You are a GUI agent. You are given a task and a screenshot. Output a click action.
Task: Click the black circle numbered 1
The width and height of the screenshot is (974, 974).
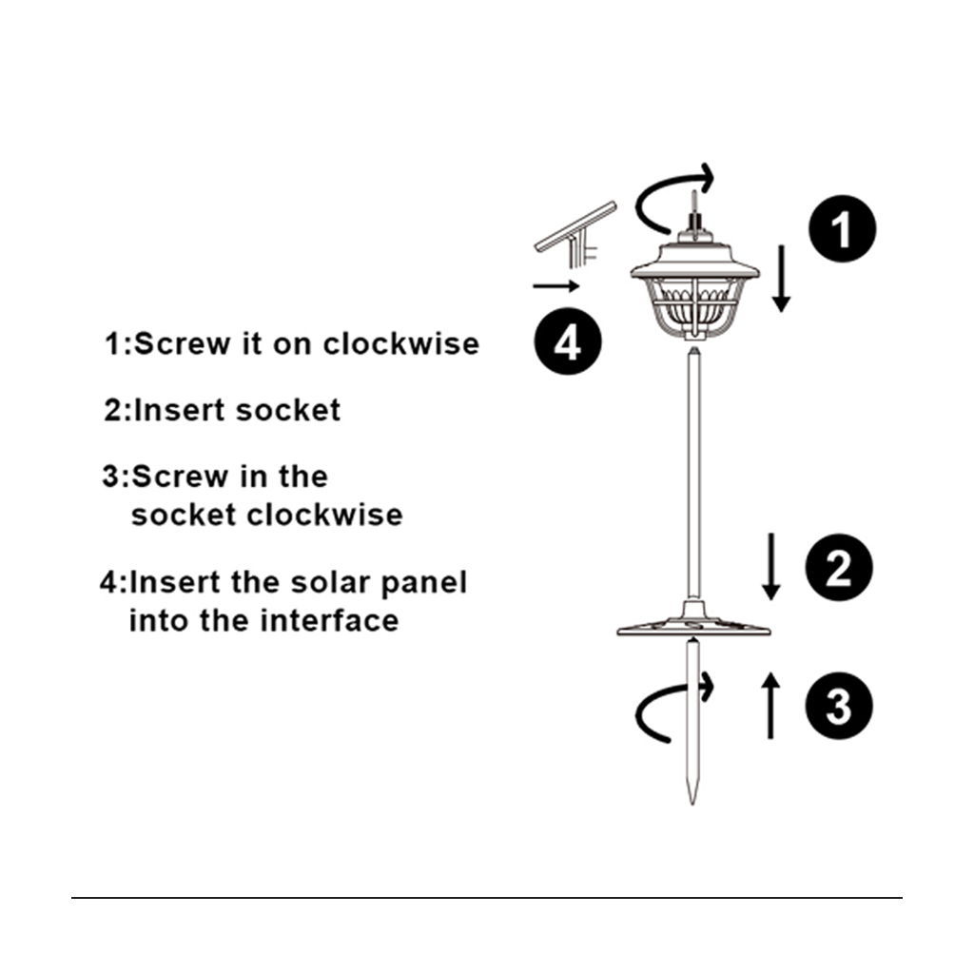842,228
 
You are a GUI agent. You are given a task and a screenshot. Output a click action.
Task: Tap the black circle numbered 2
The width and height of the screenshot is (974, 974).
839,567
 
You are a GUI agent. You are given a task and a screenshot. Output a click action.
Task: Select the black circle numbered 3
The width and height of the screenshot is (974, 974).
839,706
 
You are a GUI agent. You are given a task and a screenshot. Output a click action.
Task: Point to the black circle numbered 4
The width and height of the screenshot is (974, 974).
568,341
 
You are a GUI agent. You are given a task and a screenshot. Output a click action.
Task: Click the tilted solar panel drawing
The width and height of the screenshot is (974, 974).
575,235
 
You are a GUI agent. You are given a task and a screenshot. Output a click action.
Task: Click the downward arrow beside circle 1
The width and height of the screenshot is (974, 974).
782,279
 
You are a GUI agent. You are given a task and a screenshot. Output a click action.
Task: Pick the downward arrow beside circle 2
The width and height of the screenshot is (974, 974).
770,567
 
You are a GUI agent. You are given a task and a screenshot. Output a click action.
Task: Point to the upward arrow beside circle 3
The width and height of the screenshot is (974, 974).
770,706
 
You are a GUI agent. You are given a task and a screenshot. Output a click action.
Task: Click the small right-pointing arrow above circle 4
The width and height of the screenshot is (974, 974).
555,285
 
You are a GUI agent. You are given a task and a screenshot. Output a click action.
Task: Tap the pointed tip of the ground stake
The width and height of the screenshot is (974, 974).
692,805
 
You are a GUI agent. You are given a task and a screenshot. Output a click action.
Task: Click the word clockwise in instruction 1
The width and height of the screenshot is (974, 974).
401,343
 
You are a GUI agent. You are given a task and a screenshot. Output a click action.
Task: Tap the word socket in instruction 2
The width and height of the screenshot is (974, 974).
288,410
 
